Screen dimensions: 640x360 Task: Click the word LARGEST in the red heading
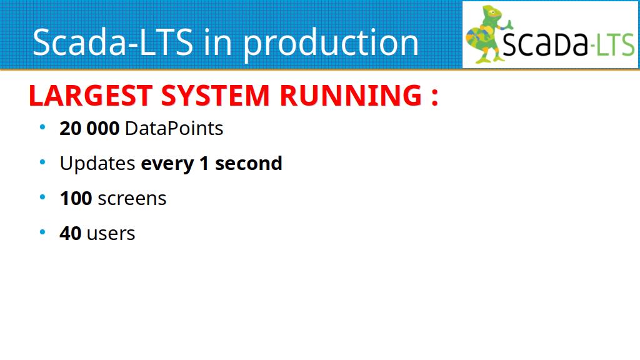pos(91,96)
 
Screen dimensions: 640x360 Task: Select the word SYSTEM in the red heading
pos(216,96)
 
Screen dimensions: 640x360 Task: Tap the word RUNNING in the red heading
pos(351,96)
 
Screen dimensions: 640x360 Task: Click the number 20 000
pos(89,129)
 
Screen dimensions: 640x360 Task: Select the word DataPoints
pos(174,129)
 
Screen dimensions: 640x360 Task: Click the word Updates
pos(97,164)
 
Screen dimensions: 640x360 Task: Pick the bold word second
pos(249,164)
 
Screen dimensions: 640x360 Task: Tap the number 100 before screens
pos(76,199)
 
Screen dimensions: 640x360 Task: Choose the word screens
pos(132,199)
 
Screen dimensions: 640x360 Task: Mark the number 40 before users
pos(70,234)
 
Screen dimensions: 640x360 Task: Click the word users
pos(111,234)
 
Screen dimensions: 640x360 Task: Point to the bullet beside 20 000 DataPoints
pos(42,127)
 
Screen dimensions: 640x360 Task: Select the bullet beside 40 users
pos(42,232)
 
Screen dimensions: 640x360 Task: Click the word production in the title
pos(331,43)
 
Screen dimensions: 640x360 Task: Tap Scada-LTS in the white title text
pos(112,42)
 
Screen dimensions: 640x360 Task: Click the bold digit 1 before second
pos(204,164)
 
